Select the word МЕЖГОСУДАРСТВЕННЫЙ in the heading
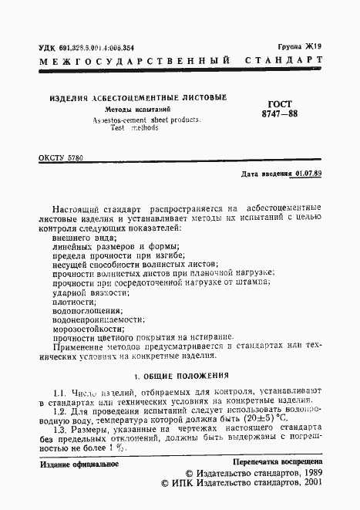(135, 60)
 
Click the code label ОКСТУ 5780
(60, 158)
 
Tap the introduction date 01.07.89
(306, 174)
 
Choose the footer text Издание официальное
(78, 464)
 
